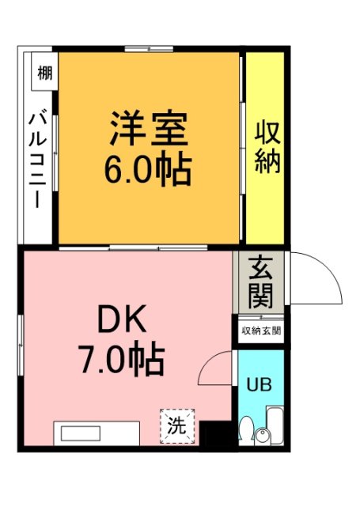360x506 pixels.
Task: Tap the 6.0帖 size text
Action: pos(148,168)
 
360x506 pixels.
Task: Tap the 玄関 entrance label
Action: pos(260,282)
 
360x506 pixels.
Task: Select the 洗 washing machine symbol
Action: pos(176,425)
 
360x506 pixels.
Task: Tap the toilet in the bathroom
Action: pos(246,432)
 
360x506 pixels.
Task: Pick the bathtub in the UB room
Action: pos(275,427)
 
